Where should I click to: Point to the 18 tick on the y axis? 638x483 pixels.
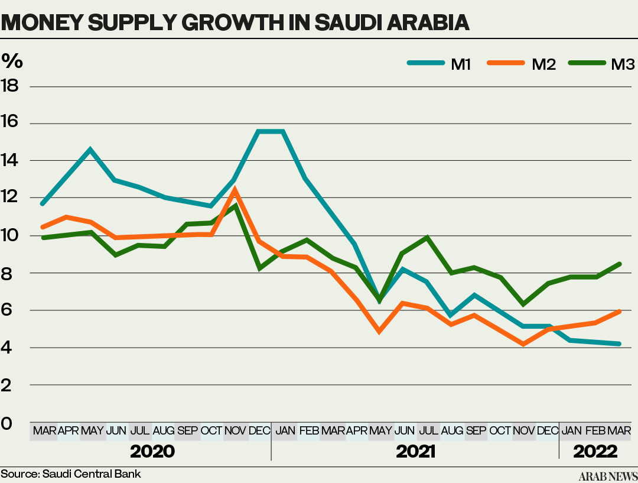click(x=10, y=86)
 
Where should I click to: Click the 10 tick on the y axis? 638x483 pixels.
click(x=10, y=235)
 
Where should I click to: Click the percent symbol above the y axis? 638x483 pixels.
click(x=11, y=60)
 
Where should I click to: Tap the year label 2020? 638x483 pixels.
click(x=152, y=452)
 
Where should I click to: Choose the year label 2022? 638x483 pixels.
click(x=595, y=452)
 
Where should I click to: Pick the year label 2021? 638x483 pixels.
click(x=415, y=452)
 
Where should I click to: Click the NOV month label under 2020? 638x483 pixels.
click(x=235, y=430)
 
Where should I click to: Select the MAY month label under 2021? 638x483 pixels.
click(x=381, y=430)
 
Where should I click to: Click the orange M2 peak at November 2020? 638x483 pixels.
click(x=235, y=190)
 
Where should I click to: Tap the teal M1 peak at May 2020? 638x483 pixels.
click(x=90, y=149)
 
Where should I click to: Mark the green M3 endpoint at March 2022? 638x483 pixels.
click(x=620, y=264)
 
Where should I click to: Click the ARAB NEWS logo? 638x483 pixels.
click(x=607, y=476)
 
